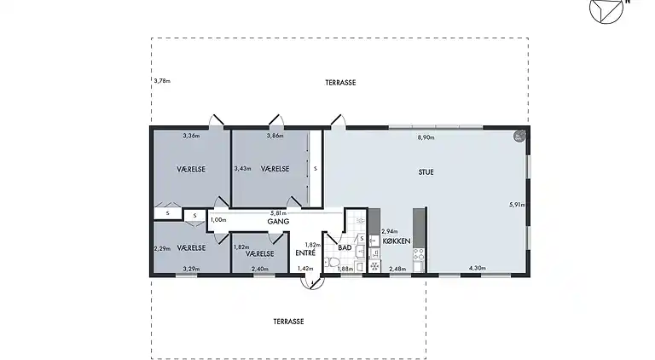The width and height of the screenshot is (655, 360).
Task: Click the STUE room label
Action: (426, 172)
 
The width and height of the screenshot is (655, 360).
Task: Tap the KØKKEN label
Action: (397, 241)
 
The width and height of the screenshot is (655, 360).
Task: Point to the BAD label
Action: (345, 247)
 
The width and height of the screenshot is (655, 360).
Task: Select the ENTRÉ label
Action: (305, 253)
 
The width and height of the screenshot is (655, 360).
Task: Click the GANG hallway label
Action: (278, 221)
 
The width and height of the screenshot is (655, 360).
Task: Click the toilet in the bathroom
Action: (333, 263)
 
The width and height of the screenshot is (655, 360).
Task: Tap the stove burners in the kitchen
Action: (419, 253)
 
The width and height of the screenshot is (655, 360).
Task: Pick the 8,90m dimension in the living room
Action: (426, 137)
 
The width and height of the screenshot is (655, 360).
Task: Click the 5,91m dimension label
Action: (517, 205)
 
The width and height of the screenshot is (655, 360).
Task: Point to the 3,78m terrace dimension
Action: (162, 80)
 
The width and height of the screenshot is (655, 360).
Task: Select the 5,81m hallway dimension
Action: (279, 212)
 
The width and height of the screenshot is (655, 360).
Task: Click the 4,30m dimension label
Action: (477, 268)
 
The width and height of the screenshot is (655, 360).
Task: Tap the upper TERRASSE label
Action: (340, 83)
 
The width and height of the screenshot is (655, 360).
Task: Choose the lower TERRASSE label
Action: (288, 322)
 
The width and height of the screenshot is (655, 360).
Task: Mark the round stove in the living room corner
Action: (519, 136)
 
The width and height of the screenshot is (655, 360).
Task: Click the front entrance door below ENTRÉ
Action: (312, 282)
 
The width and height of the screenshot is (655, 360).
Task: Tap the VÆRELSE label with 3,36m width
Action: (191, 169)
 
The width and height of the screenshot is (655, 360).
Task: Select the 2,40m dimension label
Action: (260, 269)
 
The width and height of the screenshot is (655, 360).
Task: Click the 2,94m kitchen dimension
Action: (389, 231)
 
